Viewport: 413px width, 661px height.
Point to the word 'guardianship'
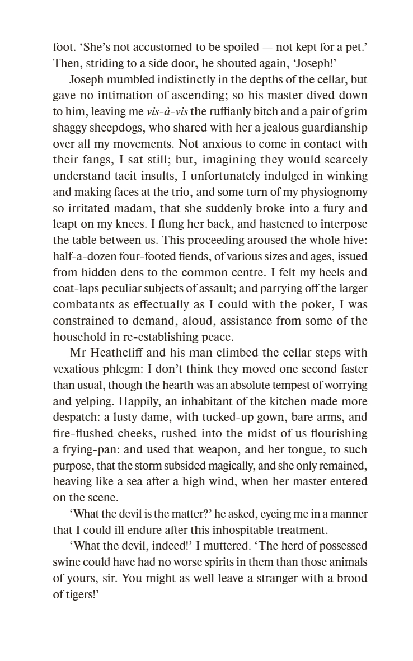334,128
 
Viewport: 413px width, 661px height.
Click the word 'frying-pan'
85,449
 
